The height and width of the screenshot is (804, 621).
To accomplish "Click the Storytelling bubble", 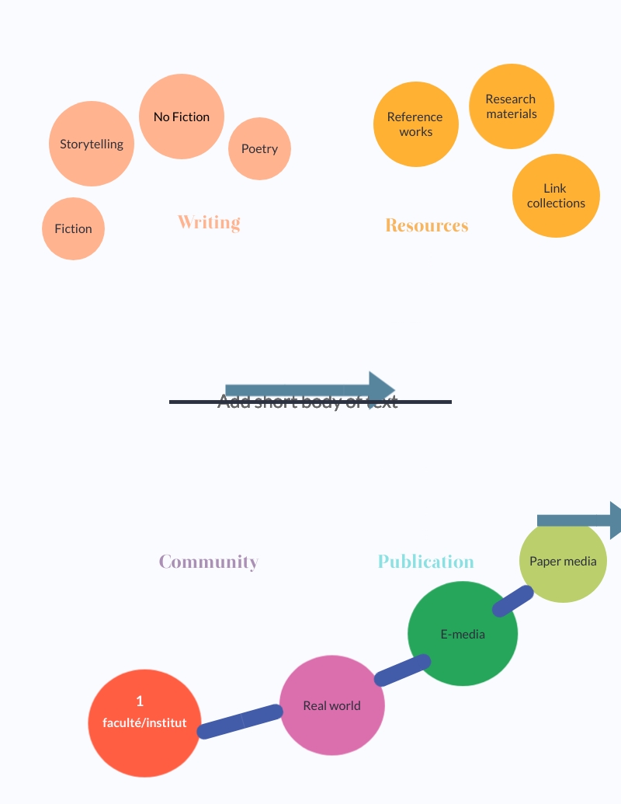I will click(92, 144).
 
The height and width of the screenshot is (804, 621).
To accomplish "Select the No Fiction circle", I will click(182, 117).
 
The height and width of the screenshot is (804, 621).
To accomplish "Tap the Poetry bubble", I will click(259, 148).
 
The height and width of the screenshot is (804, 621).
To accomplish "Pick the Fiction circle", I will click(73, 228).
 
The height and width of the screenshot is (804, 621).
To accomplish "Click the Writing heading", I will click(209, 222).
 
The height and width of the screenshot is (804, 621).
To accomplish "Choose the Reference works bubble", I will click(415, 124).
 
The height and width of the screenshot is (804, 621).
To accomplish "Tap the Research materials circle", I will click(511, 106).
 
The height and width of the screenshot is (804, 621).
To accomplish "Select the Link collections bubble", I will click(556, 196).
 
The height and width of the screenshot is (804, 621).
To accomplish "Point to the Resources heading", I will click(427, 225).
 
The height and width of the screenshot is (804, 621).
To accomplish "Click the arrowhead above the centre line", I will click(381, 389).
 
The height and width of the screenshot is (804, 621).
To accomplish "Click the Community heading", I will click(209, 562).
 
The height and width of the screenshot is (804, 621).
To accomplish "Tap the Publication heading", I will click(425, 562).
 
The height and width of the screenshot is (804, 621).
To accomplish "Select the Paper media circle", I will click(563, 561).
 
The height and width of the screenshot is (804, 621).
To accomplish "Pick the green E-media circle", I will click(463, 634).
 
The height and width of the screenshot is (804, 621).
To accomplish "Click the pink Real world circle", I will click(332, 705).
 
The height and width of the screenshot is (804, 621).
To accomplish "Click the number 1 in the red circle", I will click(140, 701).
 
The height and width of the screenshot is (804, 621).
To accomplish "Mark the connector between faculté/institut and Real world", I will click(240, 722).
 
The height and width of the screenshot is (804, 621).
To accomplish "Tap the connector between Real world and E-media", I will click(403, 670).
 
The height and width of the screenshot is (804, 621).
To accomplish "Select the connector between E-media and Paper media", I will click(513, 601).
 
